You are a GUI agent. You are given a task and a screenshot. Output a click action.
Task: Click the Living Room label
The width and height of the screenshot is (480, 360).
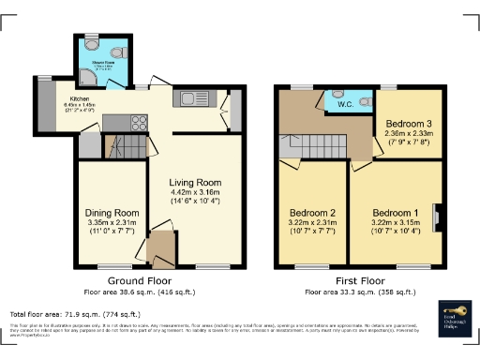coord(194,183)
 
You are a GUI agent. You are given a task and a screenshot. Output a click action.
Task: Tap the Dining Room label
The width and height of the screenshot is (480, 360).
coord(112,212)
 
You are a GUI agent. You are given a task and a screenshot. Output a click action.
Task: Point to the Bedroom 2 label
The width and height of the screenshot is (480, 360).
coord(313,212)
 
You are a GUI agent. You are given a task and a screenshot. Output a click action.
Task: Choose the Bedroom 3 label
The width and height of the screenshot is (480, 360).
coord(409,124)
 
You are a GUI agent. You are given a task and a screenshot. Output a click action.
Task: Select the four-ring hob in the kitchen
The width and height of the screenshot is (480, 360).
coord(115,121)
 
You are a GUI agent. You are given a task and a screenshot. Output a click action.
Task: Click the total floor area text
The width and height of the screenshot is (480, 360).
coord(75,314)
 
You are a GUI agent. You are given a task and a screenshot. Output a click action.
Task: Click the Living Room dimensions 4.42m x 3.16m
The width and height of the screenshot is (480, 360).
coord(194,195)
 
